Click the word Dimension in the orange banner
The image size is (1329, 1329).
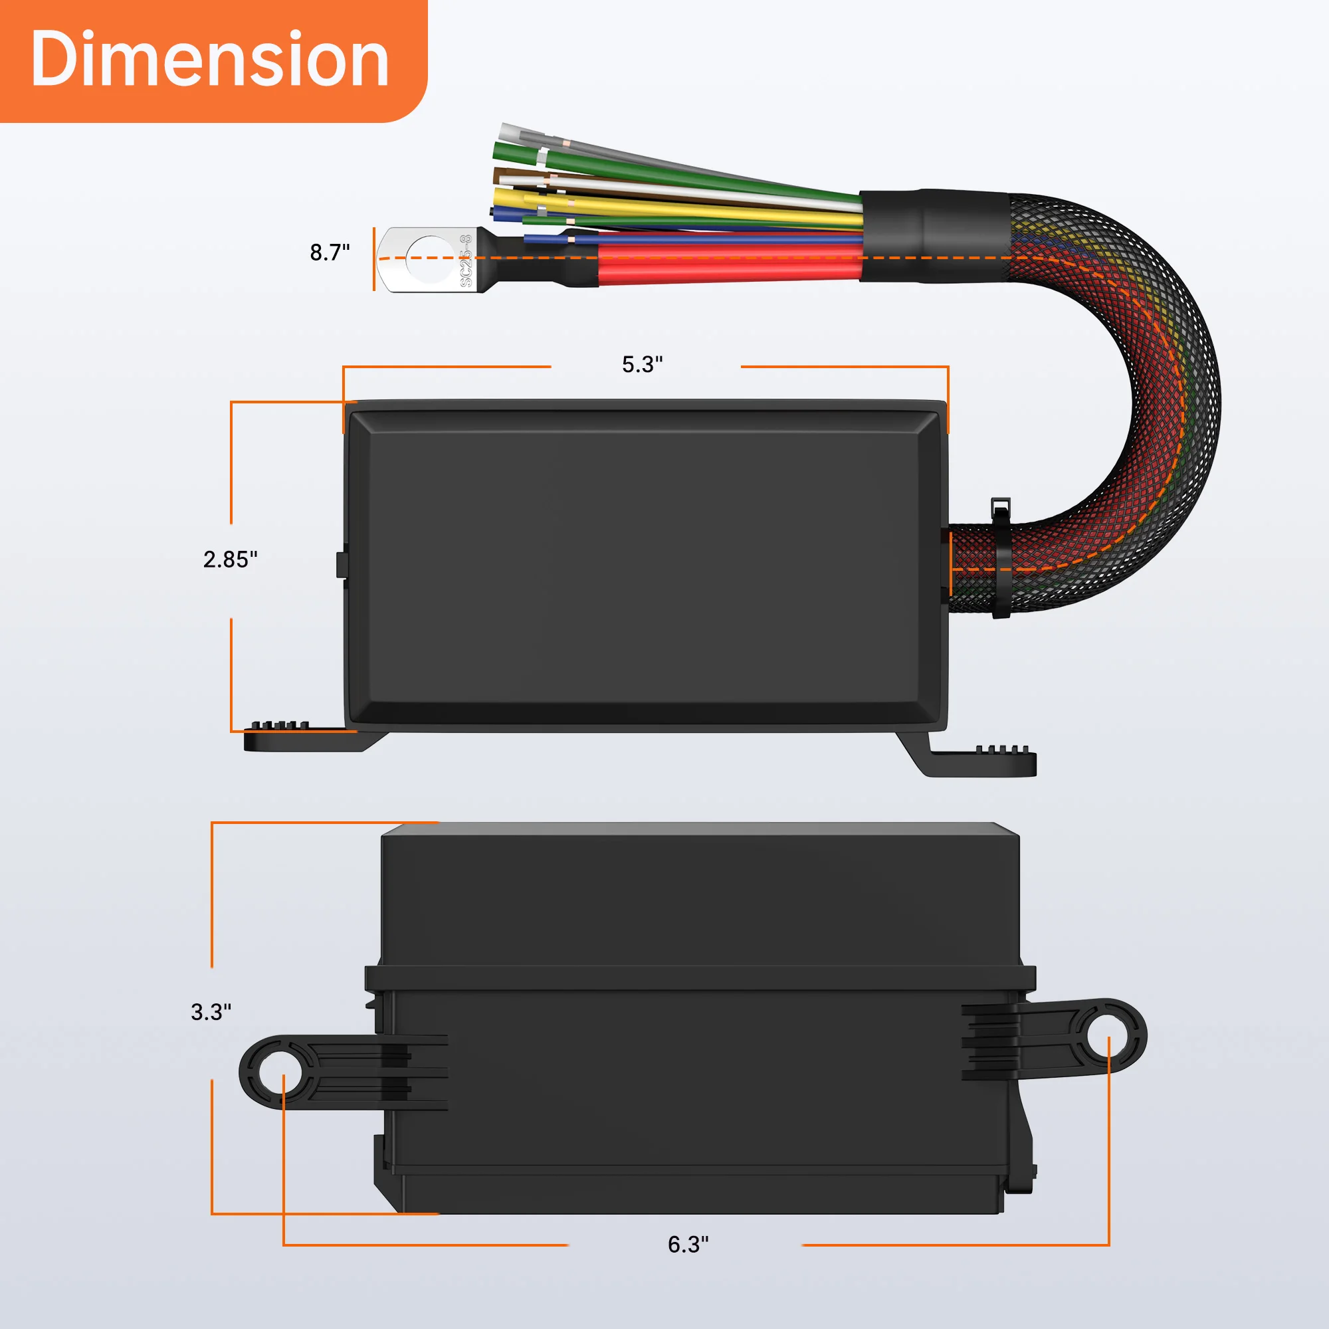click(210, 60)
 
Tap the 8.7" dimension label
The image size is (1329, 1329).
click(330, 253)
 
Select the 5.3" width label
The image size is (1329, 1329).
click(642, 365)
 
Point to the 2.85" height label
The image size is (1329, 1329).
click(230, 560)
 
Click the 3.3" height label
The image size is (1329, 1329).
click(211, 1012)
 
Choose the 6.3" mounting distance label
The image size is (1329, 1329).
click(687, 1245)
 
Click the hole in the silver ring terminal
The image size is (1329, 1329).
click(430, 259)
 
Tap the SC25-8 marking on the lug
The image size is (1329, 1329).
click(466, 260)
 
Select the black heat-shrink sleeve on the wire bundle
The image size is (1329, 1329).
click(934, 236)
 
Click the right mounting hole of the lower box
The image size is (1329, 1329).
click(1108, 1037)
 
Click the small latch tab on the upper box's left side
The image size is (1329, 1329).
click(340, 564)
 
